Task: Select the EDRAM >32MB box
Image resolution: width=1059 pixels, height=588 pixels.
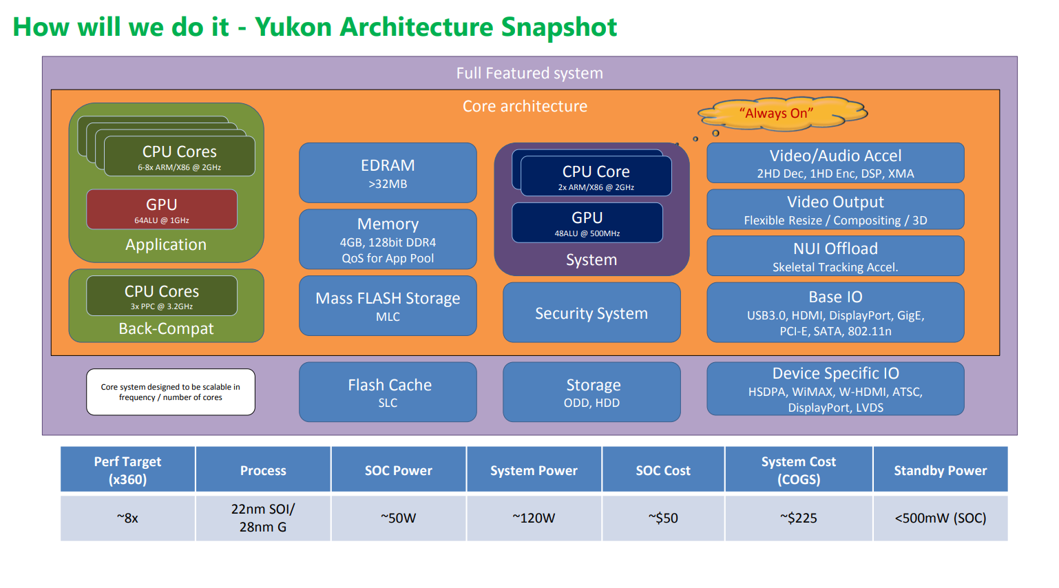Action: click(388, 173)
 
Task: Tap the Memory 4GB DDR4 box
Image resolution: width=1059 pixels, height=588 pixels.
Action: click(388, 240)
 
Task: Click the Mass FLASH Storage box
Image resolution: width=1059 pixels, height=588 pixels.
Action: click(388, 306)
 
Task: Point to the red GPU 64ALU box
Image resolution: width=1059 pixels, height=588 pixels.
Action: click(162, 210)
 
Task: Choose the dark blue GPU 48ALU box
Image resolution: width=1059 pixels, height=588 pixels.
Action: click(587, 223)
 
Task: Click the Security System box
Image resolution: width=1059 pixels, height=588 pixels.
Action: click(591, 313)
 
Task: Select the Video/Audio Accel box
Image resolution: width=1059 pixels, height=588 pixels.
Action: click(835, 163)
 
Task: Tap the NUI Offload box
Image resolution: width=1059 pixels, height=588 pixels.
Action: click(835, 256)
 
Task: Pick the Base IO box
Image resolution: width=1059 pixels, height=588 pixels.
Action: click(835, 313)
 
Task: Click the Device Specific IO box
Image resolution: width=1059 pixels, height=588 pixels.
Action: click(835, 389)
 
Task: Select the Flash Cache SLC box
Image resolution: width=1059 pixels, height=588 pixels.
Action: click(388, 392)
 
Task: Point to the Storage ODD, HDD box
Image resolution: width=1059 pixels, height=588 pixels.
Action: click(591, 392)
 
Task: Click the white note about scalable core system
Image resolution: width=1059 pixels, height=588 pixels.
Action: click(171, 392)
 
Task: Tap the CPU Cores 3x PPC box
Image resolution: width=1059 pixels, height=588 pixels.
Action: click(162, 296)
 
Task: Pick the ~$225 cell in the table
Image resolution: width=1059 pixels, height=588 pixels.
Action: click(799, 518)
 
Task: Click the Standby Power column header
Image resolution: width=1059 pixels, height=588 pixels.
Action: click(940, 470)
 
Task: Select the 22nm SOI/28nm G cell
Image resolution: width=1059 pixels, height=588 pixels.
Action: click(263, 518)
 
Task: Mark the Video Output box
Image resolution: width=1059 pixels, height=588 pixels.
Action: click(835, 210)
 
